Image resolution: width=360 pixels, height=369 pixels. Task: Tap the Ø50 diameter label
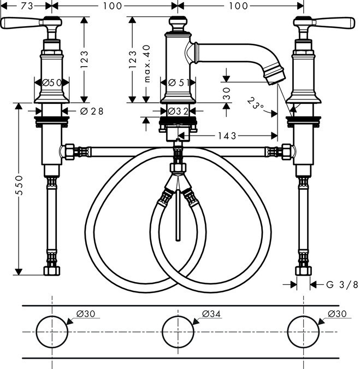pos(51,82)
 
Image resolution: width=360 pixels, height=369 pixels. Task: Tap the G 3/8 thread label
pos(341,284)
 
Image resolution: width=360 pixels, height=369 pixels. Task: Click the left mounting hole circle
pos(51,332)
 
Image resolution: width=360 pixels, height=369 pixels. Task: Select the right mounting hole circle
pos(304,332)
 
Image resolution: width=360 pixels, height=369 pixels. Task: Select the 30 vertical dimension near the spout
pos(226,93)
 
